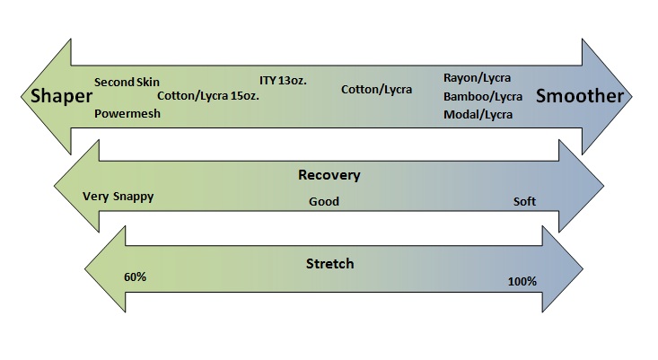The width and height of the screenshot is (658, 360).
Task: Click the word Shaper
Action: [61, 96]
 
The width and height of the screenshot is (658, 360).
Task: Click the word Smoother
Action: [580, 96]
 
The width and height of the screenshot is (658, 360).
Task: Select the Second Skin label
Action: [127, 82]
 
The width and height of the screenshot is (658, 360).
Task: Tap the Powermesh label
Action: [127, 113]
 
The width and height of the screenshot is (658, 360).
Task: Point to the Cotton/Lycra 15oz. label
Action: [208, 96]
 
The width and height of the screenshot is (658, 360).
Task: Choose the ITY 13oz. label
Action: [283, 80]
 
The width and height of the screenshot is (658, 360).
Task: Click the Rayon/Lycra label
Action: [478, 78]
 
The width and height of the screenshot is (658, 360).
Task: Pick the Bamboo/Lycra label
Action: [483, 96]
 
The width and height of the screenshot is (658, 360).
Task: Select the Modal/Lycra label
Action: [478, 115]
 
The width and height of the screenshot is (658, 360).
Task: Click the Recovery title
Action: [329, 175]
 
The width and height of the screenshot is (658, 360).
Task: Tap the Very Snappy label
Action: [118, 197]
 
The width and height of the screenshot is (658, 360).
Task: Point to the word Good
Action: [324, 201]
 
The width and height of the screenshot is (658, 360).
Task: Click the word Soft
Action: [524, 201]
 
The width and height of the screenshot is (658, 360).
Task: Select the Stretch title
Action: [329, 264]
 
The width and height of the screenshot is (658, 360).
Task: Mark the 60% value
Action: [136, 277]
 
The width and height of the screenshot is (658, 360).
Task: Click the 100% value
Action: [522, 282]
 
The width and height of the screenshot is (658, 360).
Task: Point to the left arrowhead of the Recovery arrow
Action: [77, 186]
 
